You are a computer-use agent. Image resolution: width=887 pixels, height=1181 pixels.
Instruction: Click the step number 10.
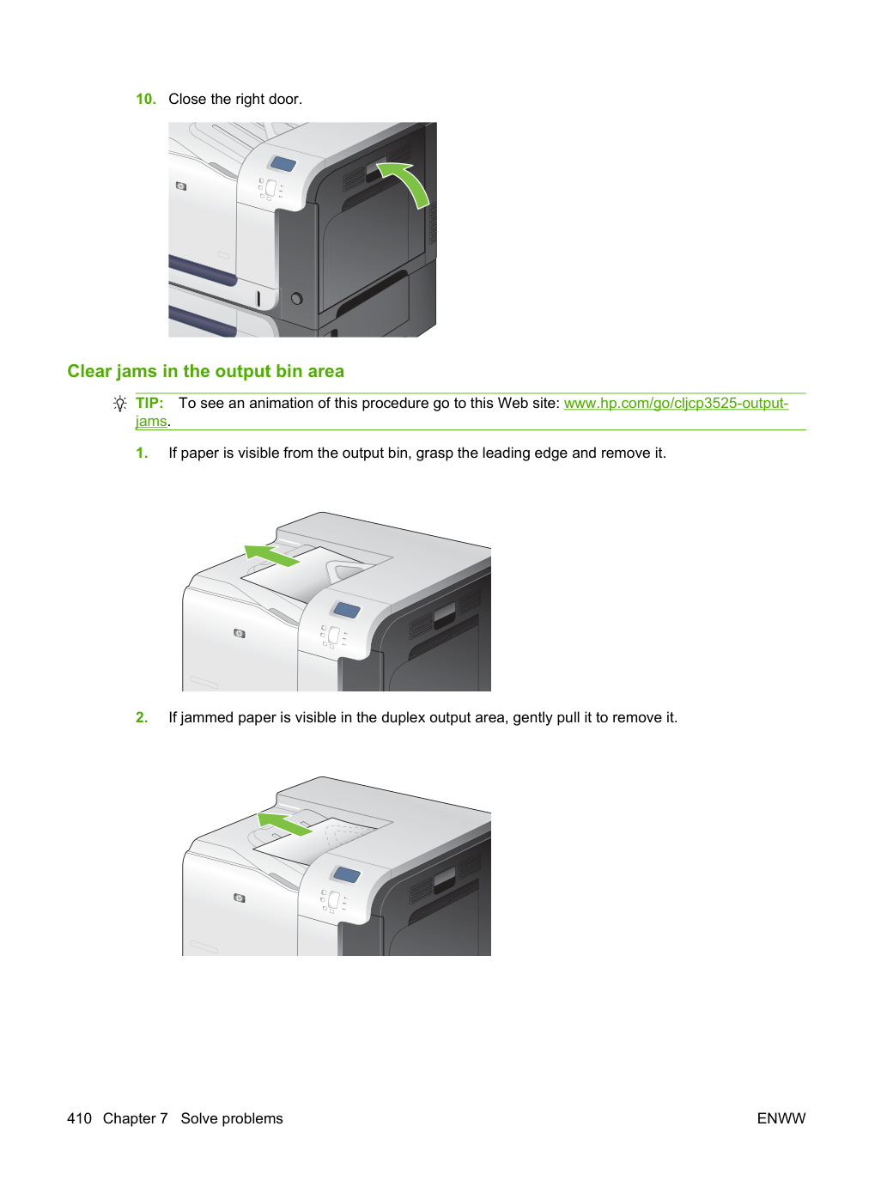tap(146, 99)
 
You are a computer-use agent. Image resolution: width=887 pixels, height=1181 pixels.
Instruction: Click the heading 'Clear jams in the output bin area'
tap(205, 371)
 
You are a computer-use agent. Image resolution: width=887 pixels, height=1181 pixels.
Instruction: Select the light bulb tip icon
tap(120, 404)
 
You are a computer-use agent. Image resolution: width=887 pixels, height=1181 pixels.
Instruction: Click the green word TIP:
tap(149, 403)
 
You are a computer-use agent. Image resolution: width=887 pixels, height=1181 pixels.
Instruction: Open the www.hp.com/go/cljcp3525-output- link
tap(676, 404)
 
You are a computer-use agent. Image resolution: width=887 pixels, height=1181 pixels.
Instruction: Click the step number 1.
tap(142, 453)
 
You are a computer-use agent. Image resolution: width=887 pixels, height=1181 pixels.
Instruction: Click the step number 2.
tap(142, 718)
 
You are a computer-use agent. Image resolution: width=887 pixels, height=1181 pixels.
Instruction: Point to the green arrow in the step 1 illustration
tap(271, 555)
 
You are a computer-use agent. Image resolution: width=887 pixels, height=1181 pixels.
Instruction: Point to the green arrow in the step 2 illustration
tap(284, 824)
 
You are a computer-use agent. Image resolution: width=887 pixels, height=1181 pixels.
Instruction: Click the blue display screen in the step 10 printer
tap(283, 163)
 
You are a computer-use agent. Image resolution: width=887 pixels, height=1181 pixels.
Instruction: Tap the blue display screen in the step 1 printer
tap(346, 610)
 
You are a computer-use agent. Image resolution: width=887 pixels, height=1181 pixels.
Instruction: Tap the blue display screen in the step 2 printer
tap(346, 874)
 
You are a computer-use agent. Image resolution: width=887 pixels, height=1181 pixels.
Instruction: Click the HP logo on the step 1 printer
tap(240, 634)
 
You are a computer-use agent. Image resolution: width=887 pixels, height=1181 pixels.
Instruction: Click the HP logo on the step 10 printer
tap(181, 186)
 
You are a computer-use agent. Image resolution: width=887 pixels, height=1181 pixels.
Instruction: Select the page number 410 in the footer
tap(79, 1118)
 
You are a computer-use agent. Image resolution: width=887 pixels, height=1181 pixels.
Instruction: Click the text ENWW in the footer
tap(781, 1118)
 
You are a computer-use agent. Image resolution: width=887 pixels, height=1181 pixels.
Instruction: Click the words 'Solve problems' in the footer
tap(232, 1118)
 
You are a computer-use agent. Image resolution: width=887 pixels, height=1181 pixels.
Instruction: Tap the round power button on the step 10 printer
tap(296, 299)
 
